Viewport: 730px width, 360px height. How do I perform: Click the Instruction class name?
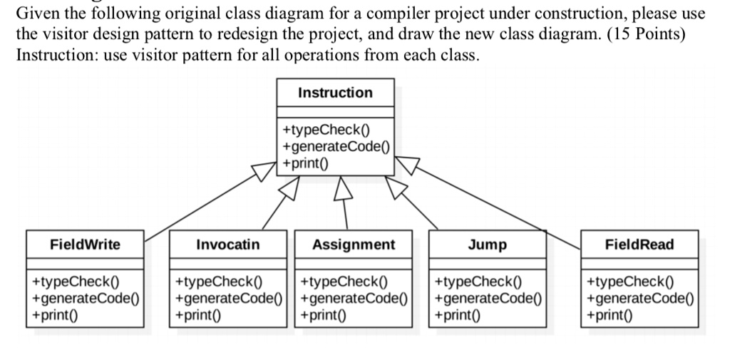pos(334,93)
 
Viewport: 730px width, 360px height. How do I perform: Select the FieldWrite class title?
pos(85,245)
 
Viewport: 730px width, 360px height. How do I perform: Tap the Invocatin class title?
pos(228,245)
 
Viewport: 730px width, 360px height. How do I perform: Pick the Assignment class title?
pos(354,245)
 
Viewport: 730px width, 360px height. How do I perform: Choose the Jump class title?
pos(488,245)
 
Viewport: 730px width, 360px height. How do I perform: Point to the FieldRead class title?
pos(639,245)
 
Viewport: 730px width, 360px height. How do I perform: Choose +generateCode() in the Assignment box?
pos(353,298)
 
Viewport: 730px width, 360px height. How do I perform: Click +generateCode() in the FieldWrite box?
pos(84,298)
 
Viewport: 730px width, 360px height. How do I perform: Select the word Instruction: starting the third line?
pos(55,55)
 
